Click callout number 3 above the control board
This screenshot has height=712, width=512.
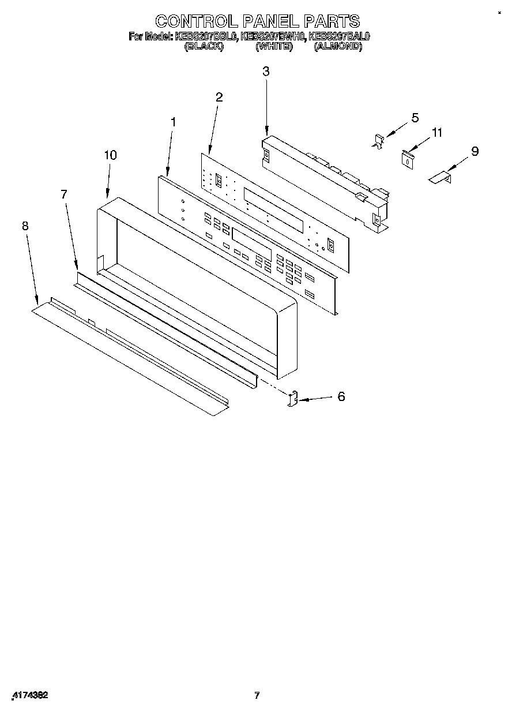click(x=266, y=72)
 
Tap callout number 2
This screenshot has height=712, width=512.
click(x=219, y=97)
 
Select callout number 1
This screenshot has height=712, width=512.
click(x=173, y=122)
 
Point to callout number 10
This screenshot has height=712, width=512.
click(x=110, y=155)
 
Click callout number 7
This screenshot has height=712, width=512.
click(x=64, y=194)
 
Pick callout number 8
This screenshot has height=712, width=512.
click(x=25, y=226)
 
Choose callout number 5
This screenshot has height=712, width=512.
click(x=415, y=118)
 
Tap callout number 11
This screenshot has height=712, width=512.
click(x=437, y=133)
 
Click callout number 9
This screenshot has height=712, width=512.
click(x=475, y=151)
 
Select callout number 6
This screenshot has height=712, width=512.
click(x=341, y=397)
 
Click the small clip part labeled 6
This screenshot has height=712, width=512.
click(x=293, y=398)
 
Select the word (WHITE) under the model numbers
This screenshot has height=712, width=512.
click(x=274, y=47)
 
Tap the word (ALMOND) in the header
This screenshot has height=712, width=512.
click(x=338, y=47)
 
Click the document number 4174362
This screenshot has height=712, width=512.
click(x=29, y=695)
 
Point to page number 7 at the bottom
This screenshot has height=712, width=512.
click(x=257, y=695)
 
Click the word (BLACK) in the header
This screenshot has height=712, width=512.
click(x=204, y=47)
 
